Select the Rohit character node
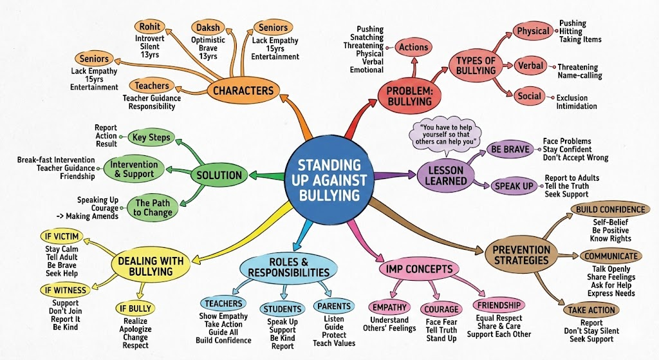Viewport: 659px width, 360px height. coord(149,26)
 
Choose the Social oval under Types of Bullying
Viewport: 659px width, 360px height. coord(529,96)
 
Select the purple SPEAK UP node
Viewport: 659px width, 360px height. coord(513,186)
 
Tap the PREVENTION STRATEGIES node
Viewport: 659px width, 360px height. coord(521,254)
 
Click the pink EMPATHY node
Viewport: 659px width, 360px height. coord(389,307)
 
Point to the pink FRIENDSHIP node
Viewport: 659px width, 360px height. coord(499,305)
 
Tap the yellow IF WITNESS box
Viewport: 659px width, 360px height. coord(65,290)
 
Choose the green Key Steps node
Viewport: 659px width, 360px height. coord(150,137)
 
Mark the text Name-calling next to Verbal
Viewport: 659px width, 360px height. coord(580,75)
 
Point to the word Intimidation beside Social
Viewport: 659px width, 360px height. coord(577,106)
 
